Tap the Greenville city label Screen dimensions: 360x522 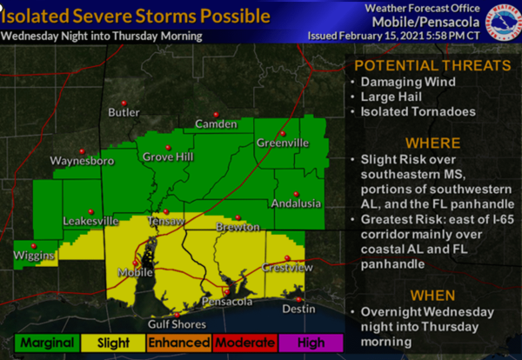point(282,143)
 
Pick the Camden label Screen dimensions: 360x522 point(215,124)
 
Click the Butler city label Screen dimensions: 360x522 point(124,112)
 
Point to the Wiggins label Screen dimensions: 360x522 point(35,256)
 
